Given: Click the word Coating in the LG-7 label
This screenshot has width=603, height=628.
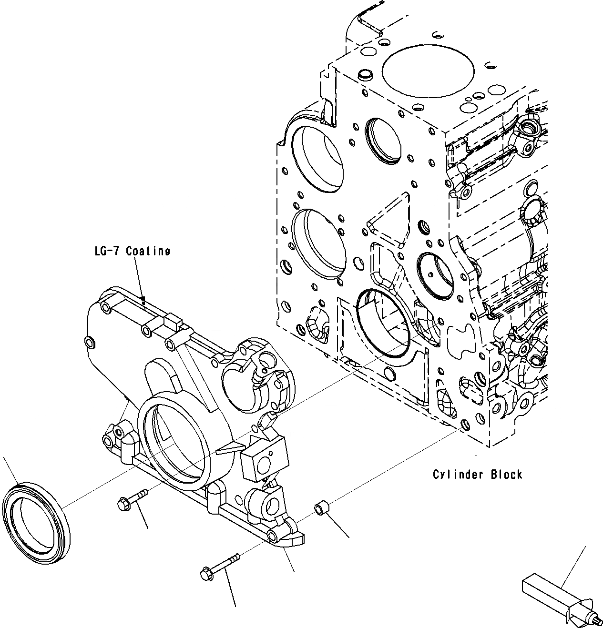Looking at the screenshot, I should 148,251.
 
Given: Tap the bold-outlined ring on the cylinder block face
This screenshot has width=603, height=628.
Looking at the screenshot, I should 383,322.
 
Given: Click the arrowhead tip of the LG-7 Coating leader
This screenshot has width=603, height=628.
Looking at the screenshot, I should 143,300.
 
